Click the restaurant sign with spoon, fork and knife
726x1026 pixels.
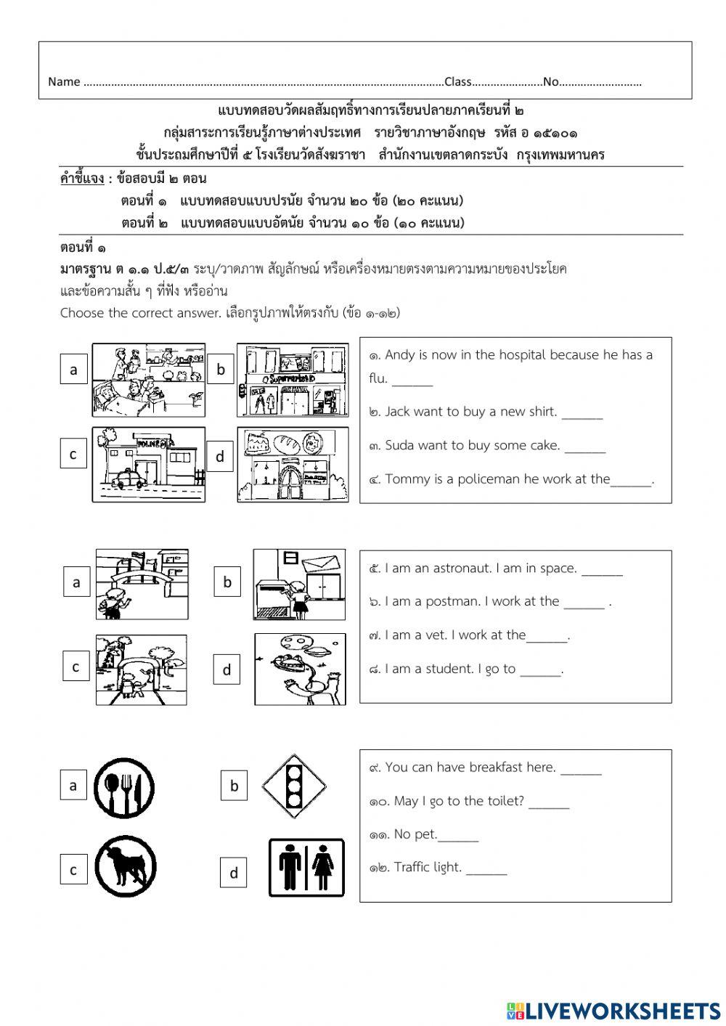click(x=124, y=789)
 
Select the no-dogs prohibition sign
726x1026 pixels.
click(x=124, y=867)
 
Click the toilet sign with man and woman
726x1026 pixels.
click(x=306, y=868)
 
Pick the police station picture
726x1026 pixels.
click(x=148, y=464)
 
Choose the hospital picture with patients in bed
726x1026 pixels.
click(x=148, y=380)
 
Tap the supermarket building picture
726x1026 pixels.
click(x=293, y=380)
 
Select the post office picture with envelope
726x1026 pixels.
click(x=299, y=584)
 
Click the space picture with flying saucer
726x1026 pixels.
click(x=300, y=669)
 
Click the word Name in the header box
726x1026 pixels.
click(x=63, y=82)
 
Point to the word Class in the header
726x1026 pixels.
click(x=457, y=82)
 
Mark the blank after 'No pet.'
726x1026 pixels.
click(x=458, y=836)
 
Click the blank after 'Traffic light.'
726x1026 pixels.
click(x=486, y=869)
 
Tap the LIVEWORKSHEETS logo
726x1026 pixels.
click(x=613, y=1010)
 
